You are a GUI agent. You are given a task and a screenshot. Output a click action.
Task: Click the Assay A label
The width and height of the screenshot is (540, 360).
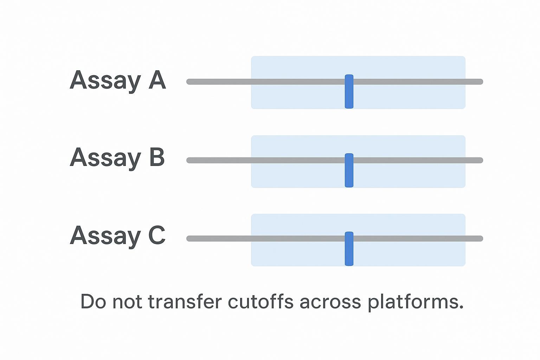[x=117, y=80]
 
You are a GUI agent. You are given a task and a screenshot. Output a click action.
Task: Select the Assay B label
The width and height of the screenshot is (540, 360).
[x=117, y=157]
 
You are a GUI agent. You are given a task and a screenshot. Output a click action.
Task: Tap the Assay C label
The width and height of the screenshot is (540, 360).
[x=117, y=235]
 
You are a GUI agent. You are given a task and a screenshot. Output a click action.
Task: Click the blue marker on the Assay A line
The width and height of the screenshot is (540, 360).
[x=349, y=91]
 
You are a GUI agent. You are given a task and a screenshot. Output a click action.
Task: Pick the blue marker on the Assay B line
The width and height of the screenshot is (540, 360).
[x=349, y=170]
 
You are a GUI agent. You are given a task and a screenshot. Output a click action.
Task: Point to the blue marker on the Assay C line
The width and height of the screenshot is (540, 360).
[x=349, y=249]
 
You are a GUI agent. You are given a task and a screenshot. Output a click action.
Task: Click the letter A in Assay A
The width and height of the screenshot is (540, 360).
[x=157, y=80]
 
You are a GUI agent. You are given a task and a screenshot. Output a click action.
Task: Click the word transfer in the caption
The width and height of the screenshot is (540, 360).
[x=185, y=302]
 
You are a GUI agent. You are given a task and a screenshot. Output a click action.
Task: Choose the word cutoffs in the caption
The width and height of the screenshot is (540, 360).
[x=260, y=302]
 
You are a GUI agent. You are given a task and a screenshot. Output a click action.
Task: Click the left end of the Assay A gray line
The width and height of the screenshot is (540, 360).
[x=189, y=82]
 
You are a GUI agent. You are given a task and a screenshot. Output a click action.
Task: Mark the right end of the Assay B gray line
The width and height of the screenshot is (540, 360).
[x=480, y=160]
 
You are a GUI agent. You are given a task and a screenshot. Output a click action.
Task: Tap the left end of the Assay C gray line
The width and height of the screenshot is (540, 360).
[x=189, y=239]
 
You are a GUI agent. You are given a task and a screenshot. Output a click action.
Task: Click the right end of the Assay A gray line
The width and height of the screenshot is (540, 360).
[x=480, y=82]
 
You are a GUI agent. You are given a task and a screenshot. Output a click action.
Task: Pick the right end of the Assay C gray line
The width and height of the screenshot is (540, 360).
[x=480, y=239]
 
